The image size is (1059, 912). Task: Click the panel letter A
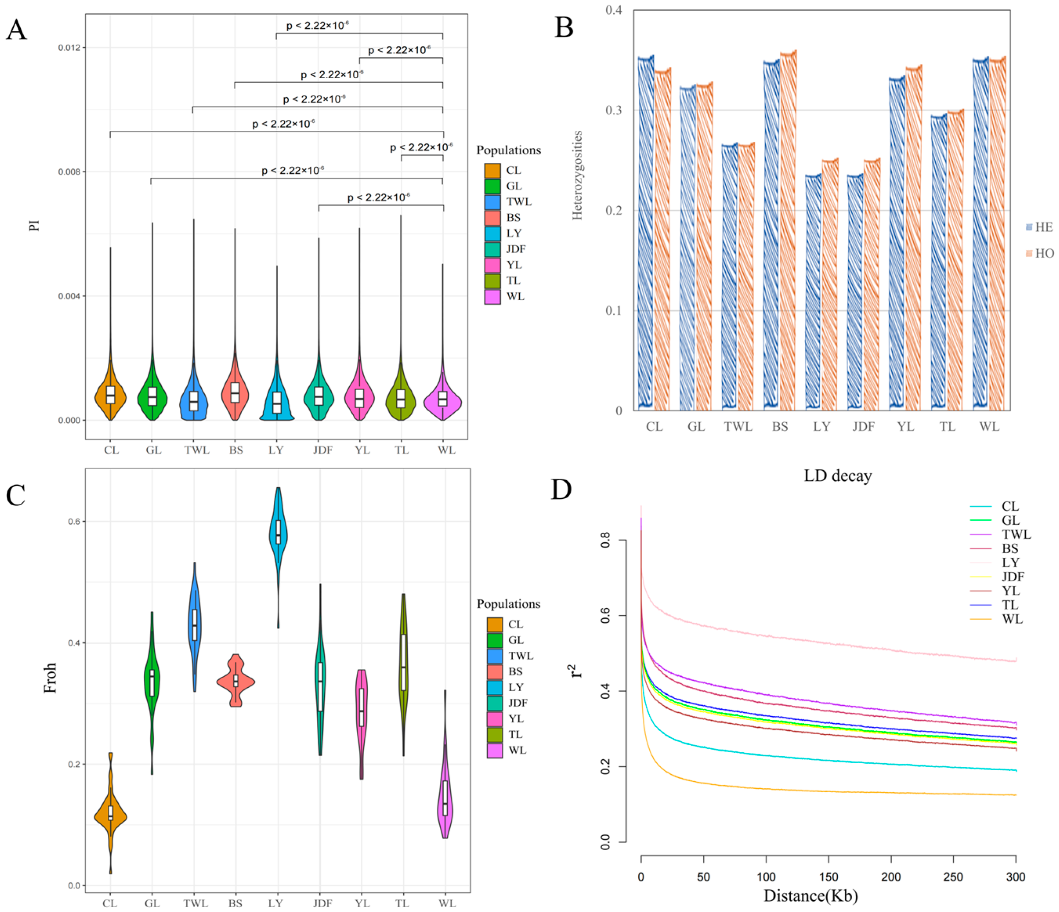(16, 30)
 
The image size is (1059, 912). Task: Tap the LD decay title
(837, 476)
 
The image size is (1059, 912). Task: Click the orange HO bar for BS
(788, 230)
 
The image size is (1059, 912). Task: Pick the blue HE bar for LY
(813, 291)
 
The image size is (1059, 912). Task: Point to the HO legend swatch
(1029, 253)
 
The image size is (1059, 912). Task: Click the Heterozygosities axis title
(577, 175)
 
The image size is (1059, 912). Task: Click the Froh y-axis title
(50, 678)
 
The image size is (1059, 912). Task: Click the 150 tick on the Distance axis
(828, 877)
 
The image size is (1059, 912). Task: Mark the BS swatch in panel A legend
(492, 218)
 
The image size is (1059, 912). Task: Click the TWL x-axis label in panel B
(738, 427)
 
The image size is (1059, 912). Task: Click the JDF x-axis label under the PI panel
(322, 450)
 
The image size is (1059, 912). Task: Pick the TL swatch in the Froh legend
(494, 734)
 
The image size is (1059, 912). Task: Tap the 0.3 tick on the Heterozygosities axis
(614, 110)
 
